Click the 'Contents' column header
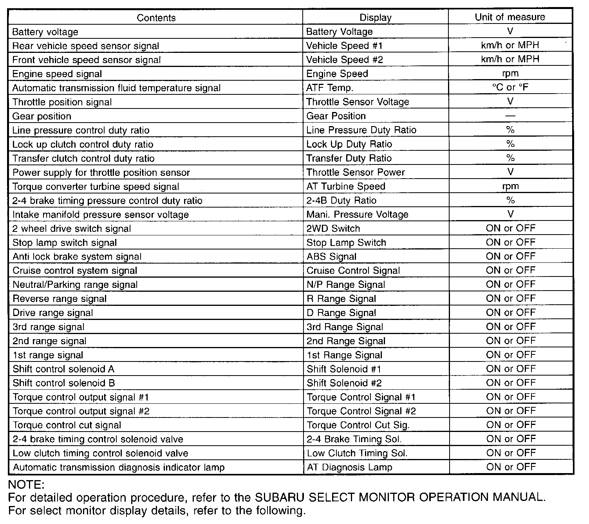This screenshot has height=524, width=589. pos(156,18)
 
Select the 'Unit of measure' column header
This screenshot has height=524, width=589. pos(510,17)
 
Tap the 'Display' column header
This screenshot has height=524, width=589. pos(375,18)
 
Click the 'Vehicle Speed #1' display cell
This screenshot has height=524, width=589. pos(344,46)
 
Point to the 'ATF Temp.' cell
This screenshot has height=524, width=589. pos(329,88)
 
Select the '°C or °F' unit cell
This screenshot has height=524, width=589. pos(510,87)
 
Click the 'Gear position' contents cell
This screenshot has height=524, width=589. pos(42,116)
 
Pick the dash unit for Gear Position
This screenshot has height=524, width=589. pos(510,116)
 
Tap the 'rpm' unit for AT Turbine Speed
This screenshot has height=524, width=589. pos(510,186)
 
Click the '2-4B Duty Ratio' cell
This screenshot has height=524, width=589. pos(341,201)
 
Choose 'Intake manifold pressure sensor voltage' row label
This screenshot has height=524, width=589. pos(101,215)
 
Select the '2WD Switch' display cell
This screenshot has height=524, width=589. pos(333,229)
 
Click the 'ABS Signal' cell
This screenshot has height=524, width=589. pos(331,257)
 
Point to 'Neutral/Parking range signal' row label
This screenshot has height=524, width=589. pos(75,285)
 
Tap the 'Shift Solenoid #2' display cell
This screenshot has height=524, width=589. pos(344,383)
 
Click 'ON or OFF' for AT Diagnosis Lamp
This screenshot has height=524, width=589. pos(511,467)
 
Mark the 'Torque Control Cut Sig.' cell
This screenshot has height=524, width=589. pos(358,425)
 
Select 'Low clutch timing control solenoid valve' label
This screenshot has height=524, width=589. pos(101,454)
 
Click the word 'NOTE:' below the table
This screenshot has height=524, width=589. pos(27,485)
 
